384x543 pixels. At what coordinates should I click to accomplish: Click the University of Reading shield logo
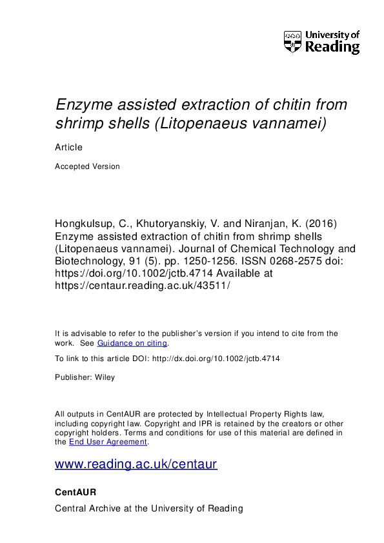point(292,41)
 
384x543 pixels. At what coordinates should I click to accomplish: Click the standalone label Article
point(68,147)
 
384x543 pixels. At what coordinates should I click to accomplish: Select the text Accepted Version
point(87,166)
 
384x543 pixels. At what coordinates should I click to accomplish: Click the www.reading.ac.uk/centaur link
point(136,464)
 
